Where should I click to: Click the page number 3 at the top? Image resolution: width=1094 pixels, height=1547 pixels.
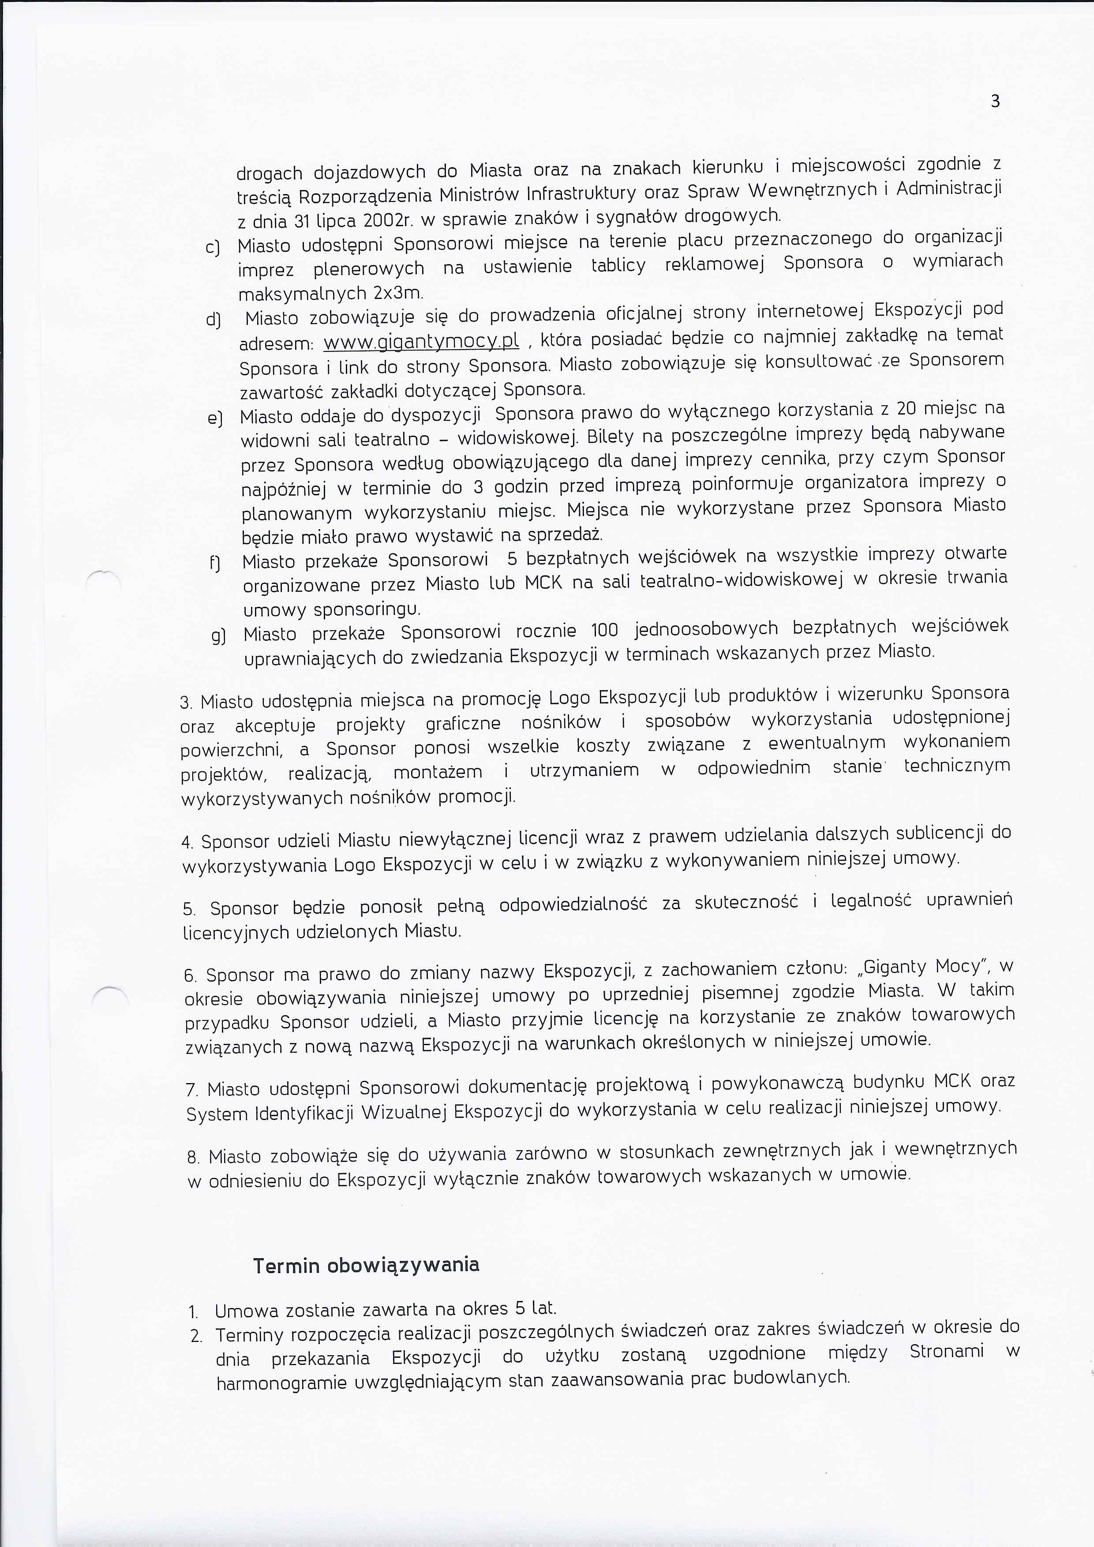tap(996, 102)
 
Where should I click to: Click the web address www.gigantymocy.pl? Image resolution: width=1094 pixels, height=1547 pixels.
tap(421, 342)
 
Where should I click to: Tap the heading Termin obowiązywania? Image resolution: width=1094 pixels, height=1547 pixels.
tap(366, 1265)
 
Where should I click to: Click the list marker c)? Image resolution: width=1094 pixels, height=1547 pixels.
tap(213, 248)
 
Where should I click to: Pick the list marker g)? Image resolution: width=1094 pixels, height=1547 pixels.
tap(218, 635)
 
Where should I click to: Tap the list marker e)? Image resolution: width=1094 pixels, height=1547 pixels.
tap(216, 419)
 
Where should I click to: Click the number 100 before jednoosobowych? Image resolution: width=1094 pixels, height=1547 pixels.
tap(604, 630)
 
